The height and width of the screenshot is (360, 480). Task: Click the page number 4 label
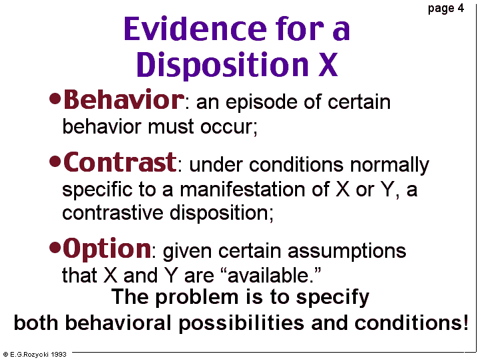[446, 9]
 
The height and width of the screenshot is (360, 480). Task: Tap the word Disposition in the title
[222, 65]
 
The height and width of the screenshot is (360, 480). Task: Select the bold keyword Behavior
[124, 100]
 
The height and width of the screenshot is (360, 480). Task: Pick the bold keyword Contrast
[120, 162]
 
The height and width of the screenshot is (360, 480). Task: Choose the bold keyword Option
[107, 248]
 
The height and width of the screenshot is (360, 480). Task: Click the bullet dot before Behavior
[55, 100]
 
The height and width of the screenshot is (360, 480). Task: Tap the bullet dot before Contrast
[55, 162]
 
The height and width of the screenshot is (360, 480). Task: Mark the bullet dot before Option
[55, 248]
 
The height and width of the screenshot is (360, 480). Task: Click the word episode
[261, 103]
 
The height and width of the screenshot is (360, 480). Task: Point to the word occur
[227, 126]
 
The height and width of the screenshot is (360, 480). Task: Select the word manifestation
[242, 189]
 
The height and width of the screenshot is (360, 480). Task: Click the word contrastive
[112, 212]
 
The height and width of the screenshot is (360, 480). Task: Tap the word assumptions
[346, 252]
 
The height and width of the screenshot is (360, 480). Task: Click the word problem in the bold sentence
[197, 298]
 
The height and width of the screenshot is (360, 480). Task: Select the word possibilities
[241, 323]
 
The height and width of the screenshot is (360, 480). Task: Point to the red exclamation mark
[465, 323]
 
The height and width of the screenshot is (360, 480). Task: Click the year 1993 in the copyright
[59, 355]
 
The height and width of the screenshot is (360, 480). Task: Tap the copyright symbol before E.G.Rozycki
[5, 355]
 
